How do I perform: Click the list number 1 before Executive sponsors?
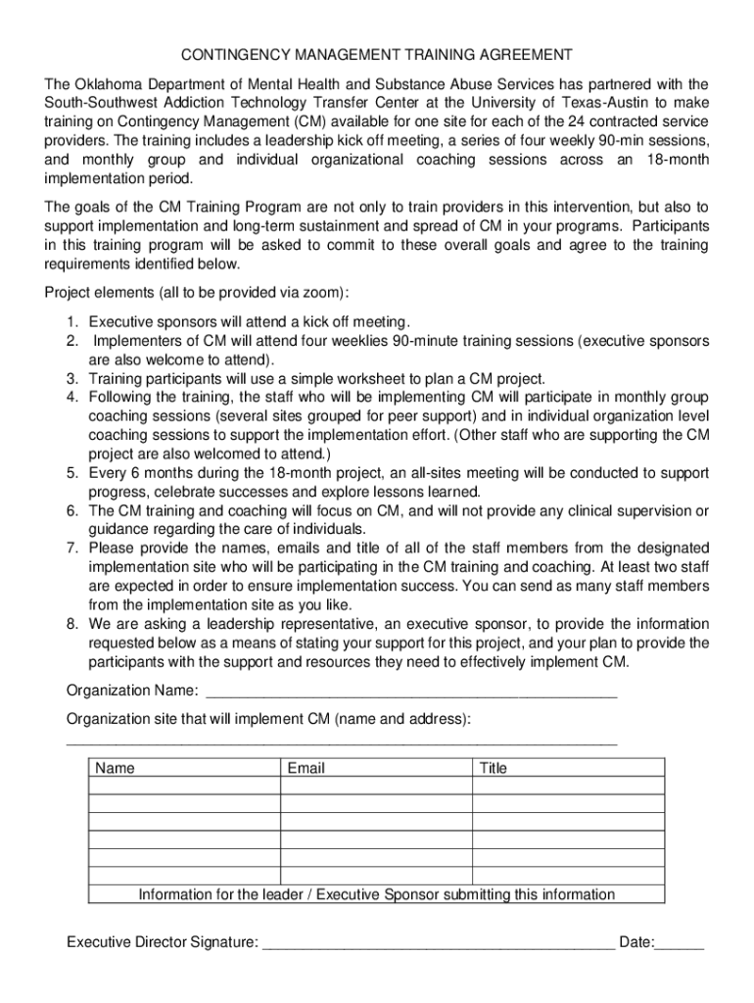(x=72, y=321)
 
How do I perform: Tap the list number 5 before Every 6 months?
(x=72, y=473)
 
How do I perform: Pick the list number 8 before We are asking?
(x=72, y=624)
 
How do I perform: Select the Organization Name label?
(x=132, y=692)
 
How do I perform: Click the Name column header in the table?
(x=116, y=769)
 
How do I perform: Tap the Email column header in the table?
(x=306, y=769)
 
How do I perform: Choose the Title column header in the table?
(x=494, y=769)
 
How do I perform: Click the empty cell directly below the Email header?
(x=377, y=786)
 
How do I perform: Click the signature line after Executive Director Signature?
(x=440, y=944)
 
